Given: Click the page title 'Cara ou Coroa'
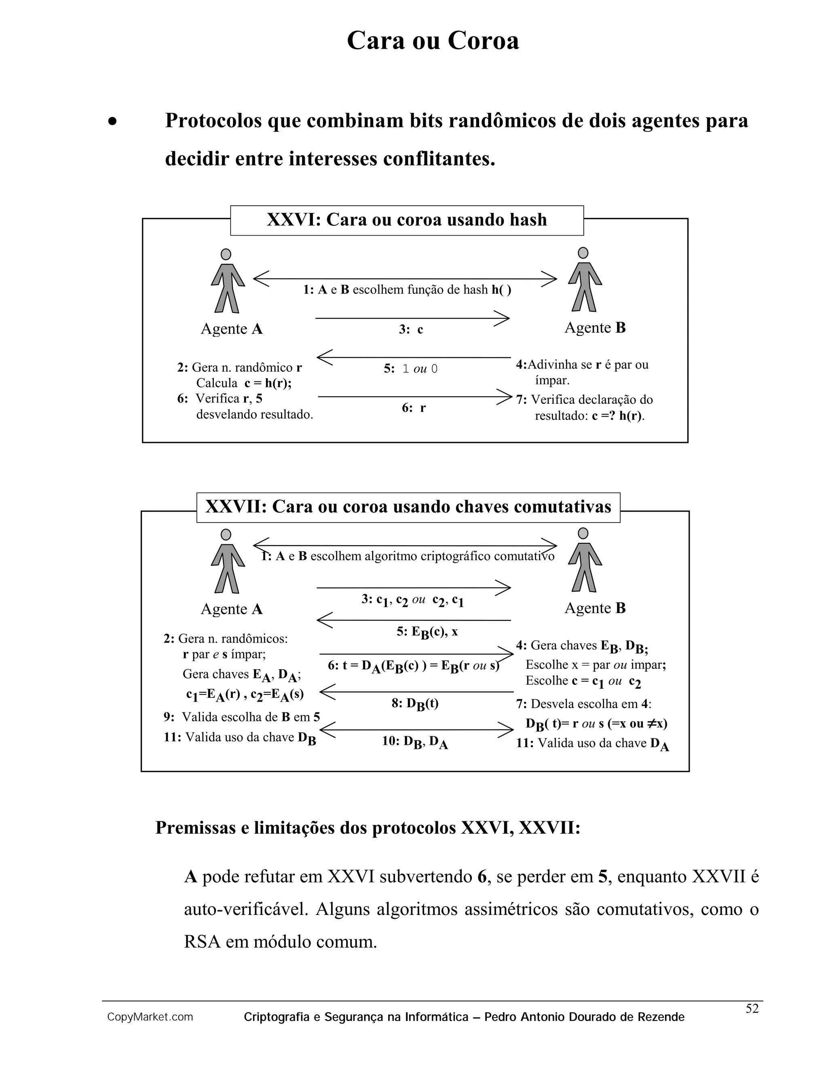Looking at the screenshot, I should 433,41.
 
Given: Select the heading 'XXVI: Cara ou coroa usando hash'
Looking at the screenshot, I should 407,220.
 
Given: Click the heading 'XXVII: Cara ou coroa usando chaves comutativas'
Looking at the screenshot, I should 408,506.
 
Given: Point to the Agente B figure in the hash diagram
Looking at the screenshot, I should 584,280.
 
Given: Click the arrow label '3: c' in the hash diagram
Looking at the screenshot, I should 411,329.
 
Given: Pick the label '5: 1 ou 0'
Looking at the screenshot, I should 411,369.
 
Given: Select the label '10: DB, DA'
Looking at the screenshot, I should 414,742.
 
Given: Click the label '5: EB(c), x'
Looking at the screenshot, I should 427,632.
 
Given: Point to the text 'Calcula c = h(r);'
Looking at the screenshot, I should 243,383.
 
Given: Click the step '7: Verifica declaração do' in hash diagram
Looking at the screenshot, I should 584,400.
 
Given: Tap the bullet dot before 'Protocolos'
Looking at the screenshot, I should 113,122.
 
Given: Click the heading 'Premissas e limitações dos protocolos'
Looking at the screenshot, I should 368,828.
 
